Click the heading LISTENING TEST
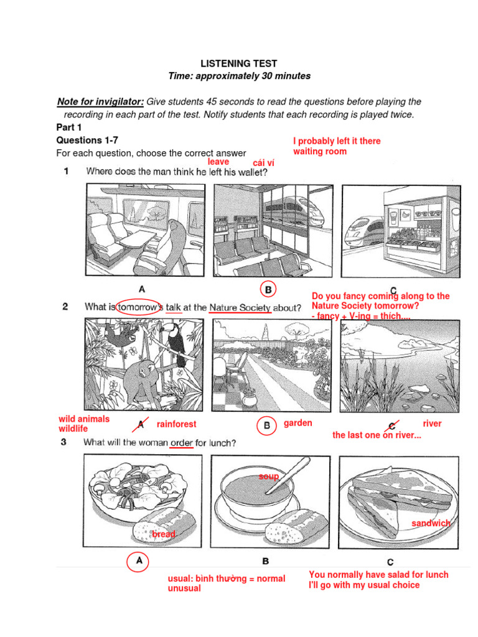tap(238, 63)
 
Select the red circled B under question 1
tap(268, 289)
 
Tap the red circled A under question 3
tap(139, 561)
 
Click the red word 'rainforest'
tap(176, 424)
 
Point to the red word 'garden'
tap(298, 423)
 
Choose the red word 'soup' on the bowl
tap(269, 477)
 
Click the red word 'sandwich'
tap(431, 523)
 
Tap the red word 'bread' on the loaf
tap(164, 534)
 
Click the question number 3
tap(65, 442)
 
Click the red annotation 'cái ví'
tap(264, 163)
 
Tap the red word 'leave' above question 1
tap(218, 162)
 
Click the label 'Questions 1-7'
tap(87, 141)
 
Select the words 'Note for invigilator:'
tap(100, 101)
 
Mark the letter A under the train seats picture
tap(142, 289)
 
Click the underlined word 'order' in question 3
tap(181, 443)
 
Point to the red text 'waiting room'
tap(320, 151)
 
